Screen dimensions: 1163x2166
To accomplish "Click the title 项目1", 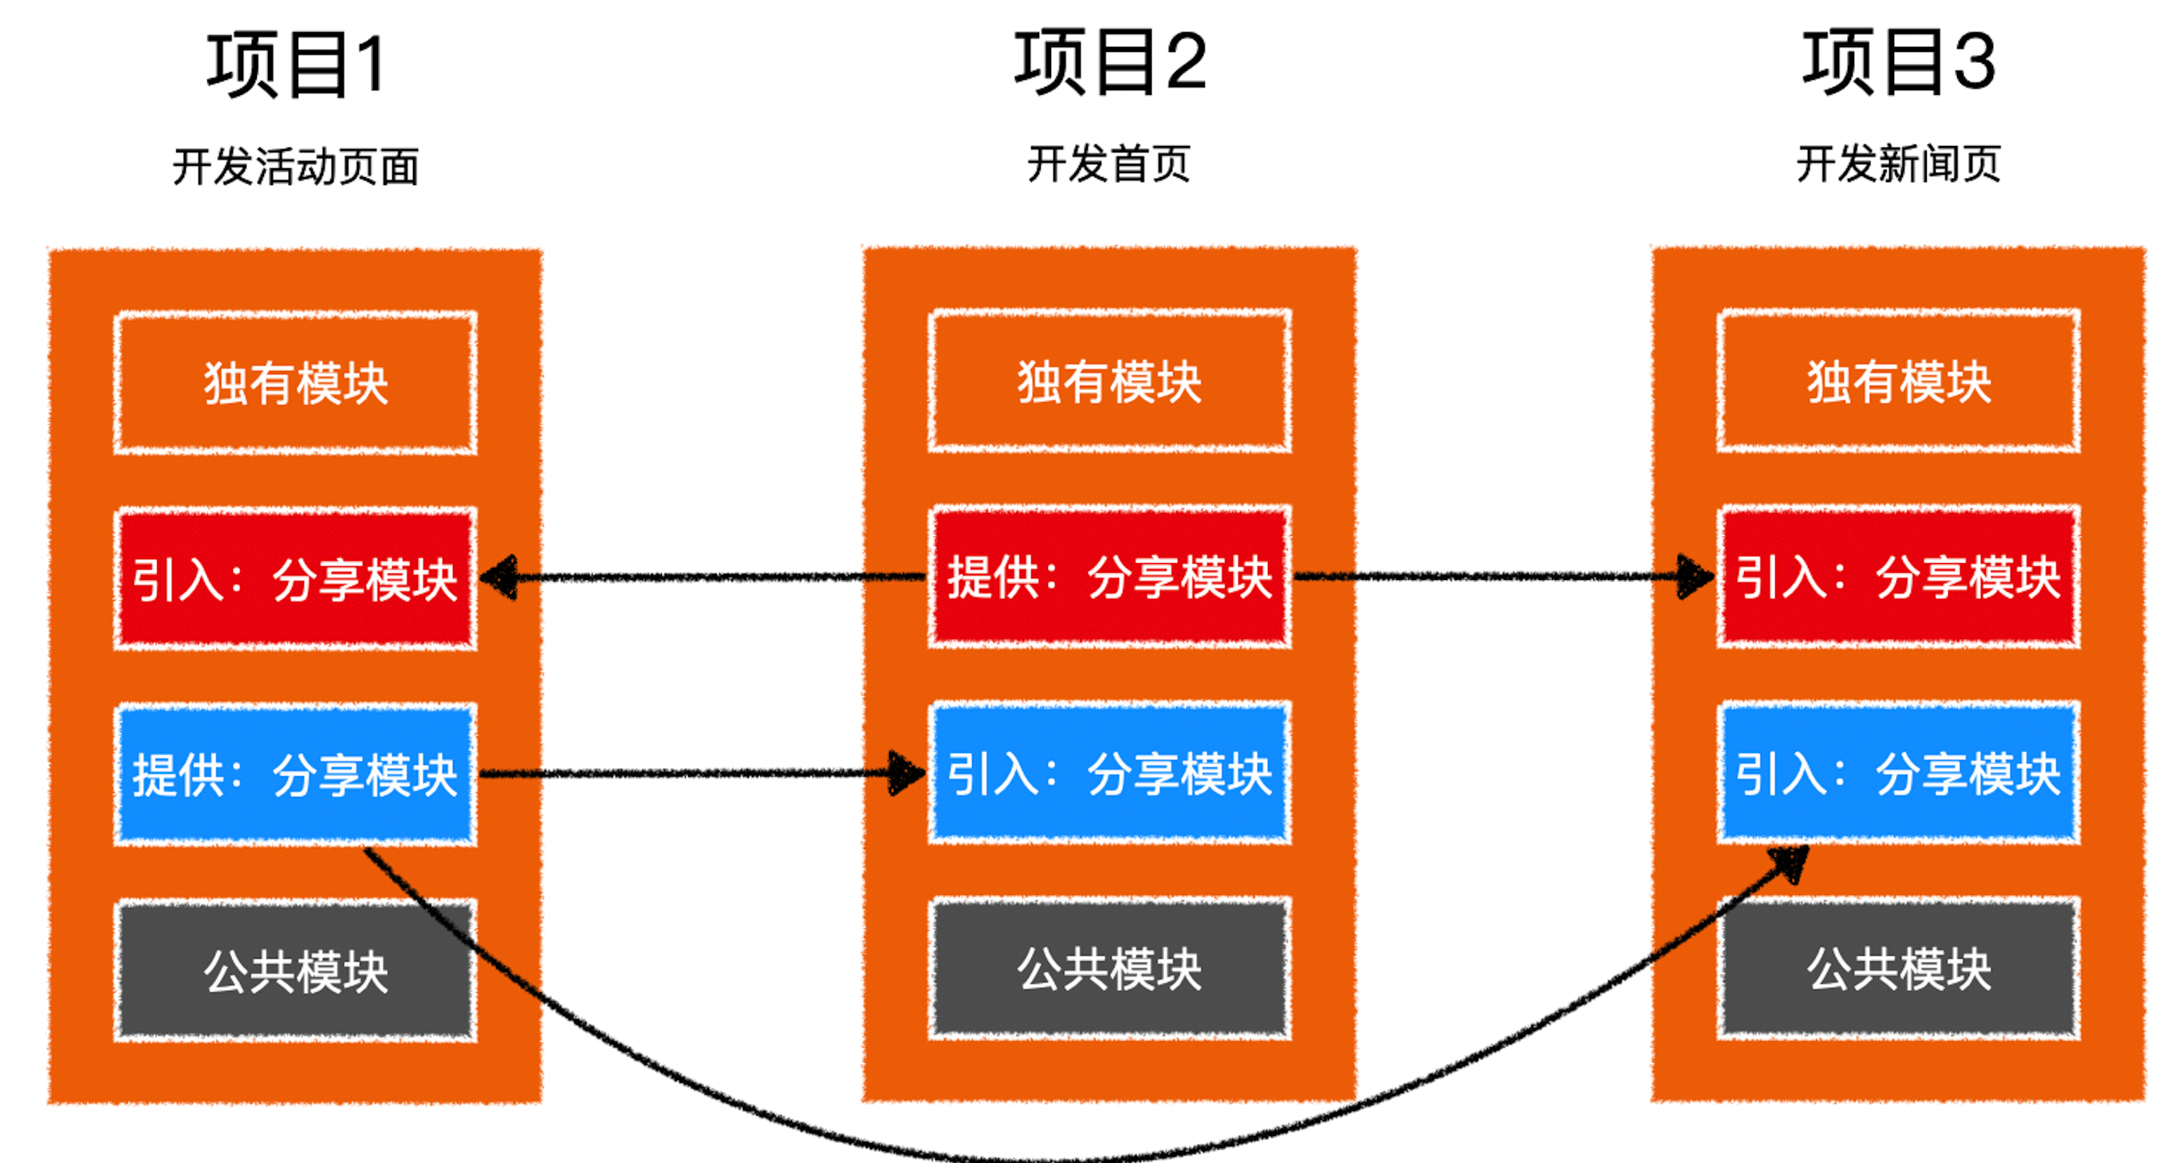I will click(x=297, y=65).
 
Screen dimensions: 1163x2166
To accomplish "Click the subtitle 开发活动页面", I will click(x=296, y=166).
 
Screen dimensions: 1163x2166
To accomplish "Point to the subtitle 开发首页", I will click(x=1109, y=164).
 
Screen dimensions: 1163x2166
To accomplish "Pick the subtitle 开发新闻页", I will click(x=1898, y=164).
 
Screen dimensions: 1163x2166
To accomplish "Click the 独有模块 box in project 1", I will click(x=296, y=384).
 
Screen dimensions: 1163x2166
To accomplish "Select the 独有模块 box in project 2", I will click(x=1110, y=382).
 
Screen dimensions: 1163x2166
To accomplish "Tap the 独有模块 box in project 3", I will click(x=1899, y=382).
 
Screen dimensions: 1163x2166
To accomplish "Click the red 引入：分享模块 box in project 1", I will click(x=296, y=578).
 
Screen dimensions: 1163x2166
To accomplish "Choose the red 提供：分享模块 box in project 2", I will click(x=1110, y=577).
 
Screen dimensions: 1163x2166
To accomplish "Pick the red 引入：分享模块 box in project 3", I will click(x=1899, y=577).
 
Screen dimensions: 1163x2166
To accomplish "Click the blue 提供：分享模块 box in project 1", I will click(x=296, y=775).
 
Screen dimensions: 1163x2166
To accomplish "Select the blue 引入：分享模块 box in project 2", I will click(x=1110, y=773).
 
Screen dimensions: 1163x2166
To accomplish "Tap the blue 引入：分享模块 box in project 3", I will click(x=1899, y=773).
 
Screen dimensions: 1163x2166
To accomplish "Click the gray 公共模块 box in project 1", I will click(x=296, y=972).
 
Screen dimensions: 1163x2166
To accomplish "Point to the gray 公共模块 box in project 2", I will click(x=1110, y=968).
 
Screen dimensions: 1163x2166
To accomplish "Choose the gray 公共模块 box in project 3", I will click(x=1899, y=968).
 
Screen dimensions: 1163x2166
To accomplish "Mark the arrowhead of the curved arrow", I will click(x=1791, y=862).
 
